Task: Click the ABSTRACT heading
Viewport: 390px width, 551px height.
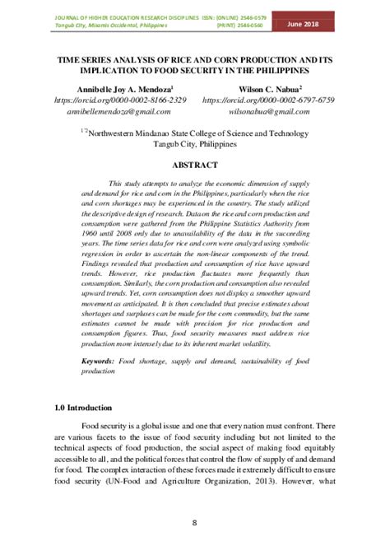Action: click(x=195, y=164)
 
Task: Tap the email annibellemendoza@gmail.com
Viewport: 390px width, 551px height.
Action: click(x=118, y=111)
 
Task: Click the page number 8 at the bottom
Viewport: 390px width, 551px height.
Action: click(x=195, y=522)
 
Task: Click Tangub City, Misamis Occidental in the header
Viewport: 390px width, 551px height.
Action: click(x=83, y=25)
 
